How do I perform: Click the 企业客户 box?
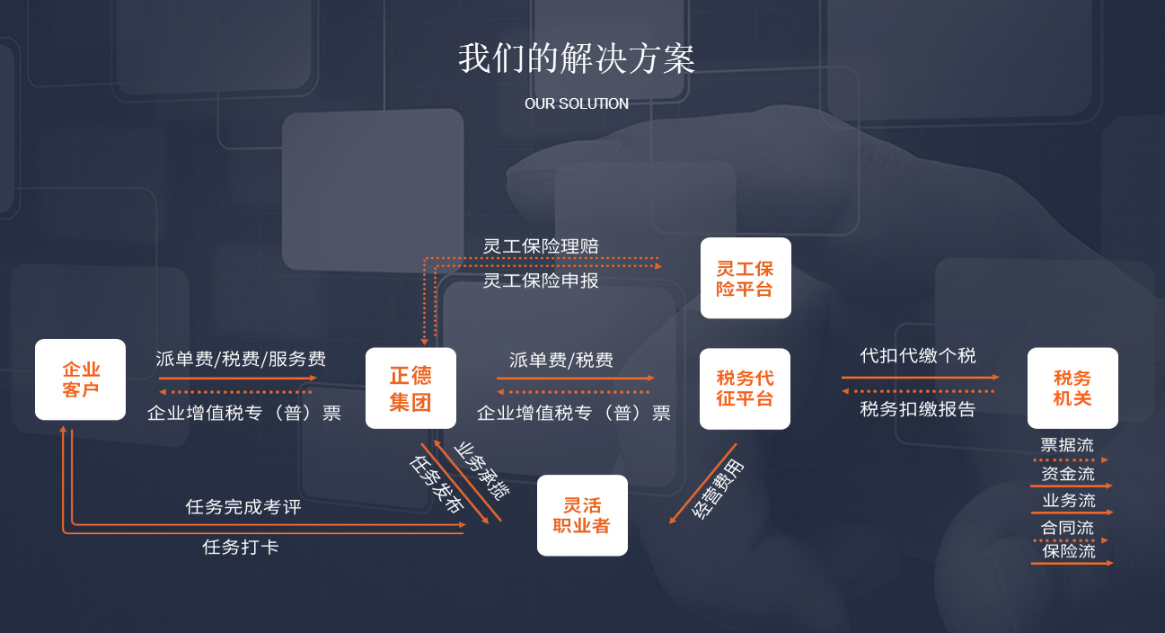tap(80, 379)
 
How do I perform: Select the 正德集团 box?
tap(410, 388)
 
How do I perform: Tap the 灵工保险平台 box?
tap(746, 278)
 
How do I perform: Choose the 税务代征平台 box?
tap(745, 388)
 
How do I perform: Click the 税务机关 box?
tap(1072, 388)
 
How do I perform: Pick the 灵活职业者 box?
tap(582, 515)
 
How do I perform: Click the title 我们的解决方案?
tap(576, 59)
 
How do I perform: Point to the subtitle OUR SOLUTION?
tap(577, 103)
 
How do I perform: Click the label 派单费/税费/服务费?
tap(240, 359)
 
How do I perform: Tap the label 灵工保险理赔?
tap(541, 245)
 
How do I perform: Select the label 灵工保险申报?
tap(541, 281)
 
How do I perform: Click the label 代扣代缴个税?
tap(918, 355)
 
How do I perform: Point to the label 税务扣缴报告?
tap(918, 409)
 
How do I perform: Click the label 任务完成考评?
tap(243, 507)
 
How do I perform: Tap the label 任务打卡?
tap(241, 546)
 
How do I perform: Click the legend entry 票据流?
tap(1067, 445)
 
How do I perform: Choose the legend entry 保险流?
tap(1069, 551)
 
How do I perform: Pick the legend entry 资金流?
tap(1068, 473)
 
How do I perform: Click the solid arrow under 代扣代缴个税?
tap(920, 378)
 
